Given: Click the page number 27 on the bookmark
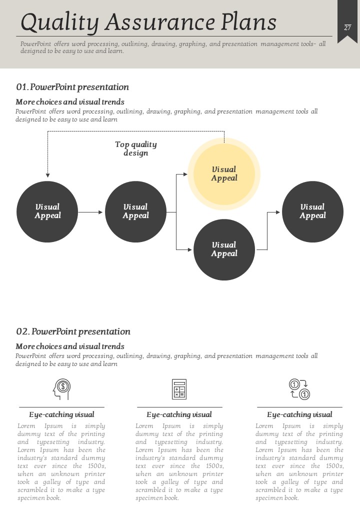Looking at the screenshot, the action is coord(347,27).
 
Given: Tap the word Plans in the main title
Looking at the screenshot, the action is coord(248,22).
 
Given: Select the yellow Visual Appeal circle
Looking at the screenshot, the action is coord(224,174).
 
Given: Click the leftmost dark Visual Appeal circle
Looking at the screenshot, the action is coord(47,211).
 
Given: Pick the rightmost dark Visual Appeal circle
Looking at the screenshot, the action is coord(312,211).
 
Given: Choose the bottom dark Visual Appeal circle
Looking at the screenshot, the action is coord(224,249).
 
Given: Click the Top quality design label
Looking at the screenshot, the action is coord(136,148).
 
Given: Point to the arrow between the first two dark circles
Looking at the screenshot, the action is coord(90,212).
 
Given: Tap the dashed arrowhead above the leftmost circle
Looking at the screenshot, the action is coord(47,175).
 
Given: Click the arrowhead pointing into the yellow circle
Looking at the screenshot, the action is coord(185,174).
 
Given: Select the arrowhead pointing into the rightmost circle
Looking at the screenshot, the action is coord(278,212).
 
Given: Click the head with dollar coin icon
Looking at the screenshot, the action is coord(62,389).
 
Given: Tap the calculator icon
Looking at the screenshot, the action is coord(179,389).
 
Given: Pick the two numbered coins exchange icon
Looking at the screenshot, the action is coord(299,389).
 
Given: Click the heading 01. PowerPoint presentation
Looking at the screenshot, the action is coord(72,87).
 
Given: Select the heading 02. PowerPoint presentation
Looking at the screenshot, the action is coord(73,331).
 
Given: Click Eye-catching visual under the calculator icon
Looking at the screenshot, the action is coord(179,414).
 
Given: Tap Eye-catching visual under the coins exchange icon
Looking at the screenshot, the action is coord(299,414).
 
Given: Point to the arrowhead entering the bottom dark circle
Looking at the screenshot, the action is coord(190,249).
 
